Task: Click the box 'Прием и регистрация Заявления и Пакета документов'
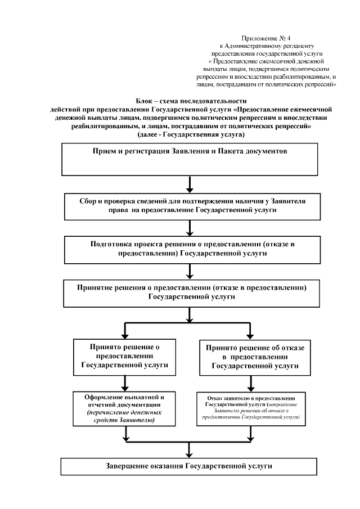191,160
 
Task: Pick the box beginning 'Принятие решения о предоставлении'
191,294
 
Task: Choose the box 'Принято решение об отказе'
255,357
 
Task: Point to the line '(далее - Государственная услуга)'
191,136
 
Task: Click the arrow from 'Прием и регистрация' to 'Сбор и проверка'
191,184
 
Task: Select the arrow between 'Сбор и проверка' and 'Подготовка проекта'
191,228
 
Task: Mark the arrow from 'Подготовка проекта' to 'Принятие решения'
191,272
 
